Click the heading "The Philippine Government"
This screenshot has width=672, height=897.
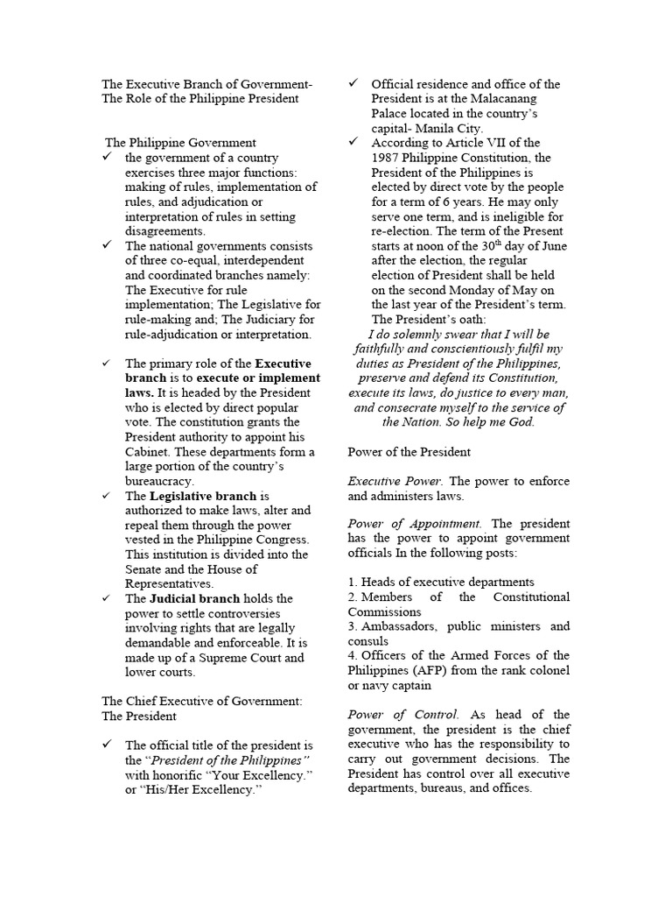tap(180, 142)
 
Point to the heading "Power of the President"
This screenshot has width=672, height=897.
tap(409, 452)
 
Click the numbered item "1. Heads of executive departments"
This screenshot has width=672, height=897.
tap(441, 582)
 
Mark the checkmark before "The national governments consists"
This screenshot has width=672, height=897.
tap(107, 245)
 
